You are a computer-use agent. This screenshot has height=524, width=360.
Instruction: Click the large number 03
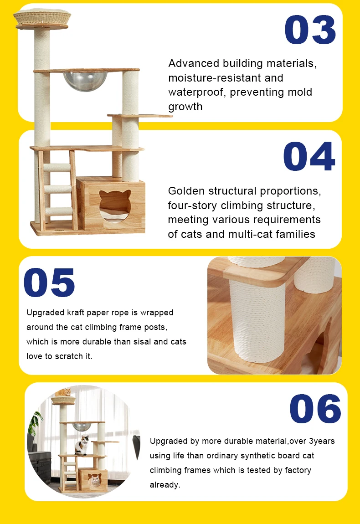pos(310,30)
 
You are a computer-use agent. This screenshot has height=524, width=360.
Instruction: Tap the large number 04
pos(309,157)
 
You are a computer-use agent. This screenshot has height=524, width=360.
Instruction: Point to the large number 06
pos(315,409)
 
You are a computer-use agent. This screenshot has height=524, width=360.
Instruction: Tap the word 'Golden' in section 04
pos(187,190)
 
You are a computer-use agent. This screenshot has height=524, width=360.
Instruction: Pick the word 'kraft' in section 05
pos(75,313)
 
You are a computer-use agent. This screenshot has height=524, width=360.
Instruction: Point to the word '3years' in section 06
pos(322,441)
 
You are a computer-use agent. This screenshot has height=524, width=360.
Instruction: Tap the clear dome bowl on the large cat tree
pos(85,80)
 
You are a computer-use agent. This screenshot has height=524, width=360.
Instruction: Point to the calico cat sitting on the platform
pos(82,445)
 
